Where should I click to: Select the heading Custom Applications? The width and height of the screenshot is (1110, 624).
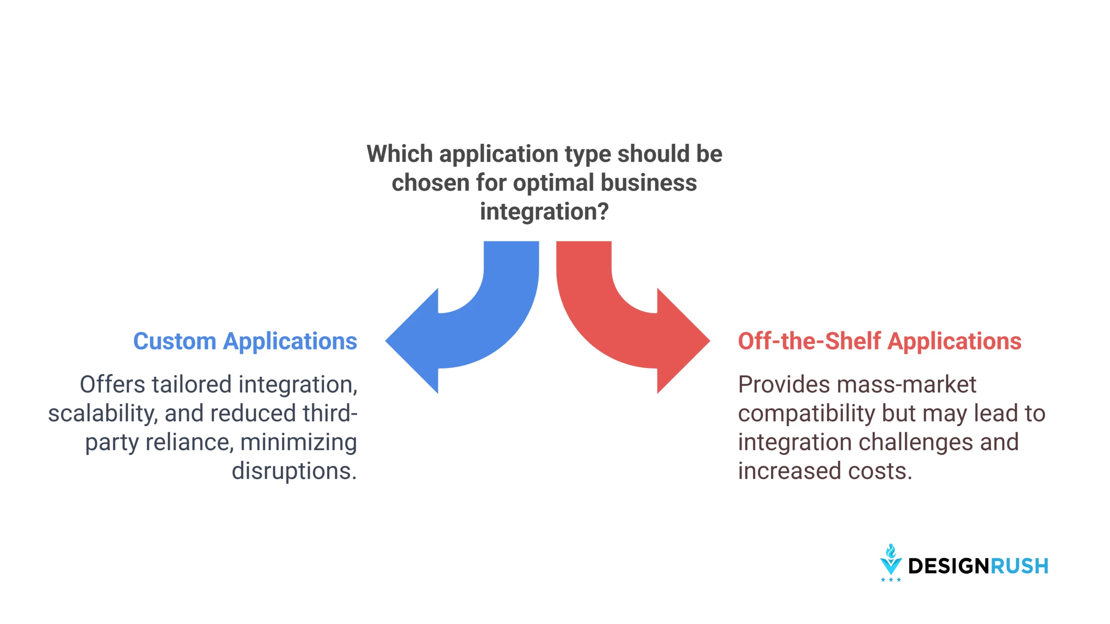pyautogui.click(x=245, y=342)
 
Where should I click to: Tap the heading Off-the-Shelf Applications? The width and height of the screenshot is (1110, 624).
pyautogui.click(x=880, y=341)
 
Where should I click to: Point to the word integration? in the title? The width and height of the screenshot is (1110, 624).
pyautogui.click(x=544, y=212)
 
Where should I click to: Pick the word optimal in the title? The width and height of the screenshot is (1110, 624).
pyautogui.click(x=553, y=183)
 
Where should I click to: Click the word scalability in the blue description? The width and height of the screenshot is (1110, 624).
pyautogui.click(x=103, y=413)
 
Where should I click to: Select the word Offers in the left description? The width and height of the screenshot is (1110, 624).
pyautogui.click(x=112, y=385)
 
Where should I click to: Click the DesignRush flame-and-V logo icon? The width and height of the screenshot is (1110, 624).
pyautogui.click(x=891, y=563)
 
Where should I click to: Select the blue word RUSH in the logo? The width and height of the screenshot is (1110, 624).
pyautogui.click(x=1019, y=566)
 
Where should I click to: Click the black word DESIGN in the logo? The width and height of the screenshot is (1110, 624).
pyautogui.click(x=949, y=566)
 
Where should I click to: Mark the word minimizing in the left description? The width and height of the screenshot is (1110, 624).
pyautogui.click(x=299, y=442)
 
